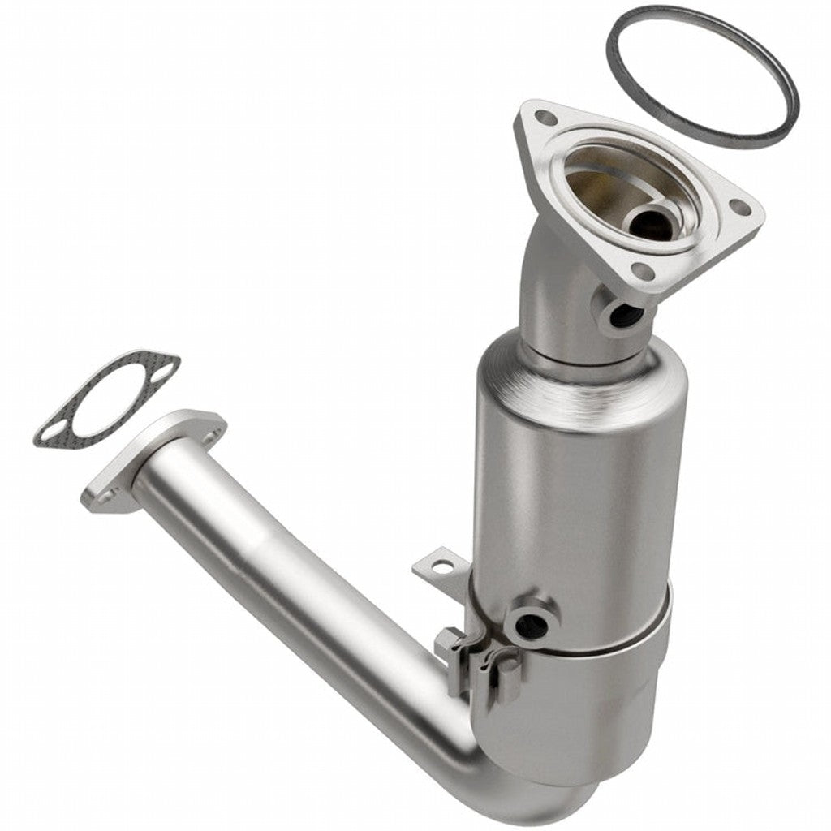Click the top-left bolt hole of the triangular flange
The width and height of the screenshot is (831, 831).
click(547, 118)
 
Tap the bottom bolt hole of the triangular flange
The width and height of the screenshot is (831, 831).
click(641, 272)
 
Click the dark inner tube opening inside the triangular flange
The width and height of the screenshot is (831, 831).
click(653, 222)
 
